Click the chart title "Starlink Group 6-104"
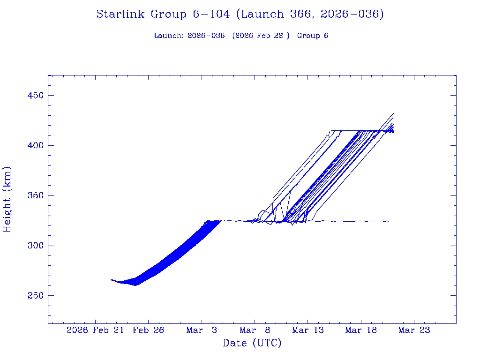pos(163,15)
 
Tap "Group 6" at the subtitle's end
pos(313,36)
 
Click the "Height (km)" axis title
pos(7,199)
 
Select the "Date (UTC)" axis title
pos(252,344)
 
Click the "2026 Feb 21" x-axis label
pos(96,330)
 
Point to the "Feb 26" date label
pos(149,330)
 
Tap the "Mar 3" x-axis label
pos(202,330)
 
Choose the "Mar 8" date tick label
pos(255,330)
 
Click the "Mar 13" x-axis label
pos(307,330)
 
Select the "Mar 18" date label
pos(360,330)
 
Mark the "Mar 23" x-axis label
pos(414,330)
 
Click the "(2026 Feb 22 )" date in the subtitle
pos(261,36)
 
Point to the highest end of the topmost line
pos(393,113)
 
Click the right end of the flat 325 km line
pos(389,221)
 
